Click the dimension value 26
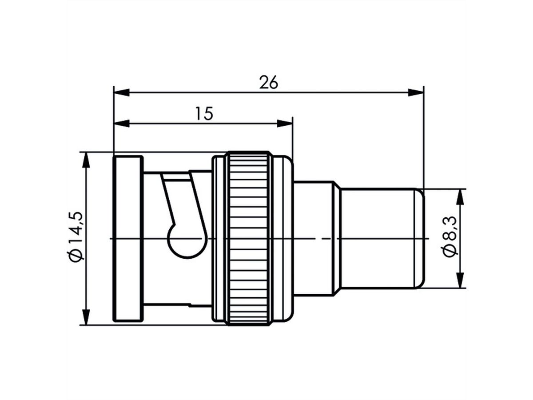(269, 83)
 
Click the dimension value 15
(204, 114)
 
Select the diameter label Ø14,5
(76, 238)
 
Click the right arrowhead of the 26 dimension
(416, 92)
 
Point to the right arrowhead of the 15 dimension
(285, 124)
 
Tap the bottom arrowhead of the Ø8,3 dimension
(460, 280)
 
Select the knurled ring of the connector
(248, 238)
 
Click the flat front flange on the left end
(128, 238)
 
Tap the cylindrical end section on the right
(380, 238)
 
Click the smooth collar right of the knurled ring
(282, 238)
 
